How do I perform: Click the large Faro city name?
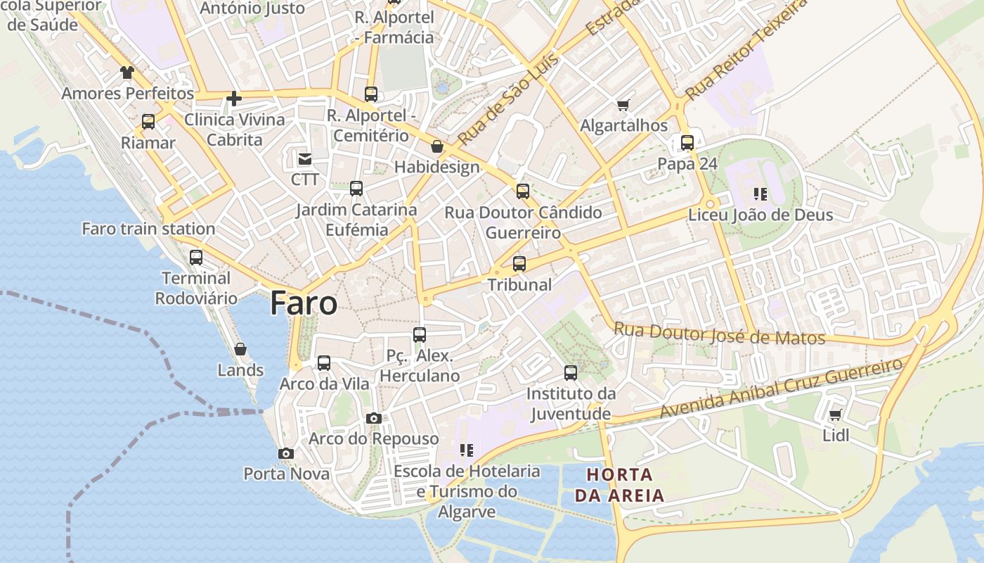(304, 303)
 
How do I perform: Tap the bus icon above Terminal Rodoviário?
(196, 258)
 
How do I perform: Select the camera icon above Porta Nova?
(285, 454)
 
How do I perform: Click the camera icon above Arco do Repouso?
(374, 419)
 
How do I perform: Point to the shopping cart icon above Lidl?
(835, 415)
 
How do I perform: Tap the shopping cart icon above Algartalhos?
(623, 106)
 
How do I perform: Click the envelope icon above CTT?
(305, 159)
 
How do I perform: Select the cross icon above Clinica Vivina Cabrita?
(234, 99)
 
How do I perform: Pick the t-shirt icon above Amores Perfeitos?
(127, 72)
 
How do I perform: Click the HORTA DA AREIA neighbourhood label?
(619, 485)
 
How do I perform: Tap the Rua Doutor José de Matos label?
(719, 333)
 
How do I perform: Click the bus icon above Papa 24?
(687, 143)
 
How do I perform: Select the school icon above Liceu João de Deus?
(760, 194)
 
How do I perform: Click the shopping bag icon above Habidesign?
(437, 146)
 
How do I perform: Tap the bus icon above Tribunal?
(519, 264)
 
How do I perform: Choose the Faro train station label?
(148, 229)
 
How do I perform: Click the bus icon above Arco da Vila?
(323, 363)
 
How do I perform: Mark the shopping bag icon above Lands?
(240, 349)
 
